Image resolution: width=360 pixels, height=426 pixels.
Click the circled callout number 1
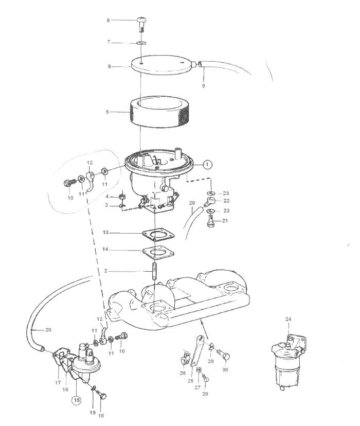(207, 164)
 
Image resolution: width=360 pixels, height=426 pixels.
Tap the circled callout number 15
(77, 400)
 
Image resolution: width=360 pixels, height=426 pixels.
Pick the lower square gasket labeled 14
(158, 253)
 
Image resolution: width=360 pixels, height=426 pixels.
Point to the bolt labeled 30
(224, 355)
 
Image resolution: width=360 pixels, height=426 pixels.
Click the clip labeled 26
(184, 357)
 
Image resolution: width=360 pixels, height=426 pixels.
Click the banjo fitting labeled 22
(210, 201)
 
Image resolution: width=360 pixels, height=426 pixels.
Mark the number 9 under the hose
(203, 85)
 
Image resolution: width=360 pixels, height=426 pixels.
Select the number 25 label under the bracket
(191, 381)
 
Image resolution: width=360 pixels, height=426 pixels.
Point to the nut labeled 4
(122, 196)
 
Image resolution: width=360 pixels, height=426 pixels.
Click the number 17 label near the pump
(58, 383)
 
